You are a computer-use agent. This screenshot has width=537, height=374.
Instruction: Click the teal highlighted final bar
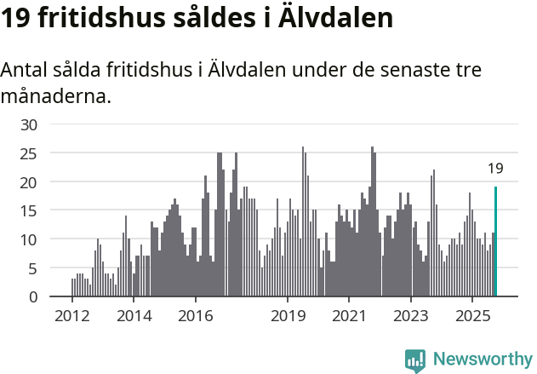(495, 242)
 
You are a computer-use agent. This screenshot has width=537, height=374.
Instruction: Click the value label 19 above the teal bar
(495, 169)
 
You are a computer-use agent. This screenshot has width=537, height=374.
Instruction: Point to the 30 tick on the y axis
(29, 124)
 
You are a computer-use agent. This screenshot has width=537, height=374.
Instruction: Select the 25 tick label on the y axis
(29, 153)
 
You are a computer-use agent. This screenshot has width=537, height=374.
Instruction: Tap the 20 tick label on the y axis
(29, 182)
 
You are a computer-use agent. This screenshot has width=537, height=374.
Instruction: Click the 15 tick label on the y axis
(29, 210)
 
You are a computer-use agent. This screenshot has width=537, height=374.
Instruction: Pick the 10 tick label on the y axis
(29, 239)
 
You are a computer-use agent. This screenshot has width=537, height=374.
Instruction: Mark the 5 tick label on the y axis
(33, 268)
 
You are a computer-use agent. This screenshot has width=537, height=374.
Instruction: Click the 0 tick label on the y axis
(33, 296)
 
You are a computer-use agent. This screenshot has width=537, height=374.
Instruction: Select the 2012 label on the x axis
(71, 316)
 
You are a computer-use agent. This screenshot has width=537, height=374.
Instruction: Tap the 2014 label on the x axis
(134, 316)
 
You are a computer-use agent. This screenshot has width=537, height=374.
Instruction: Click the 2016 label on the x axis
(196, 316)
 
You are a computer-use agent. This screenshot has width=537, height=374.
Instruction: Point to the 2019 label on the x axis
(288, 316)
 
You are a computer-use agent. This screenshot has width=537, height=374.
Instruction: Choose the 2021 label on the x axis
(350, 316)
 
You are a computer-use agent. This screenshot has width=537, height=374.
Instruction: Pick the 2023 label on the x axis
(412, 316)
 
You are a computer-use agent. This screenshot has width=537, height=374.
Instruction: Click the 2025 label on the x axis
(473, 316)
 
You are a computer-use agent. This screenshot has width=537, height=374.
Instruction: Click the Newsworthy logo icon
(415, 360)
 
